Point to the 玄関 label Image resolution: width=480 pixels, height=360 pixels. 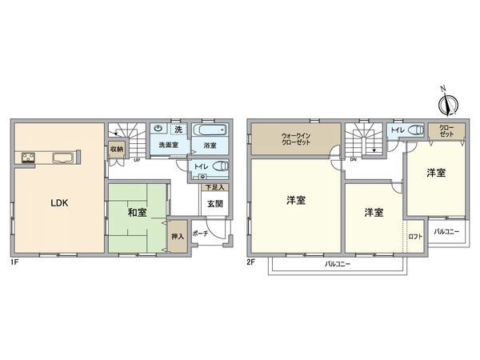point(214,203)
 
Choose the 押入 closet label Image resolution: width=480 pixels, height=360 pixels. point(178,238)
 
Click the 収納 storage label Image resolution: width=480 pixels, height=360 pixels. point(116,149)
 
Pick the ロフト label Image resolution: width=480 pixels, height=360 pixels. point(415,236)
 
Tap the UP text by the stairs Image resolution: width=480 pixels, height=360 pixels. point(137,159)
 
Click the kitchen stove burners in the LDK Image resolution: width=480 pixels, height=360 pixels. point(26,157)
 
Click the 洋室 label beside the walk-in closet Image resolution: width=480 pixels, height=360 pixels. point(296,200)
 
